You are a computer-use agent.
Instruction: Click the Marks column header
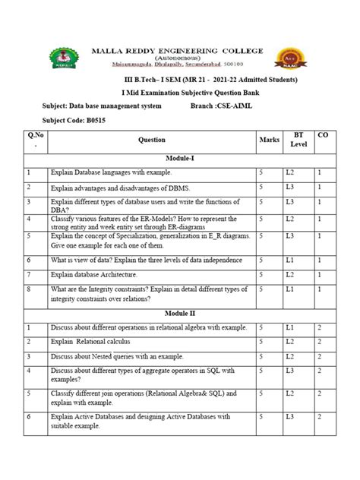[269, 140]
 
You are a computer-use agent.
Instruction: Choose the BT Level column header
[298, 139]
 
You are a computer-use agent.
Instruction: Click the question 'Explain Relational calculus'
[93, 342]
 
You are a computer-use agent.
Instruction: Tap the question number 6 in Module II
[27, 417]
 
